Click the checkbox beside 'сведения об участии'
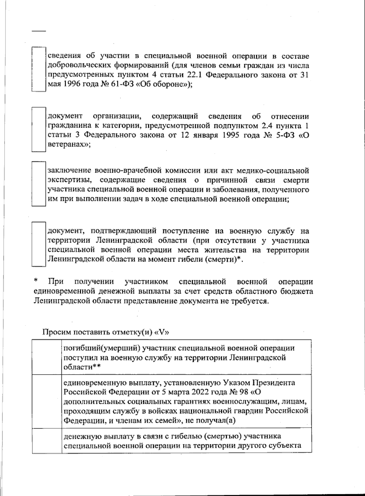[39, 69]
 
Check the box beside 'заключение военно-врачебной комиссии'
[39, 184]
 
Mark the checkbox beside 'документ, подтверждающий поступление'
[39, 244]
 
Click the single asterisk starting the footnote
[36, 281]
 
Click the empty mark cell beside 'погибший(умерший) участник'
[47, 357]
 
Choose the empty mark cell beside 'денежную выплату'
[47, 441]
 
